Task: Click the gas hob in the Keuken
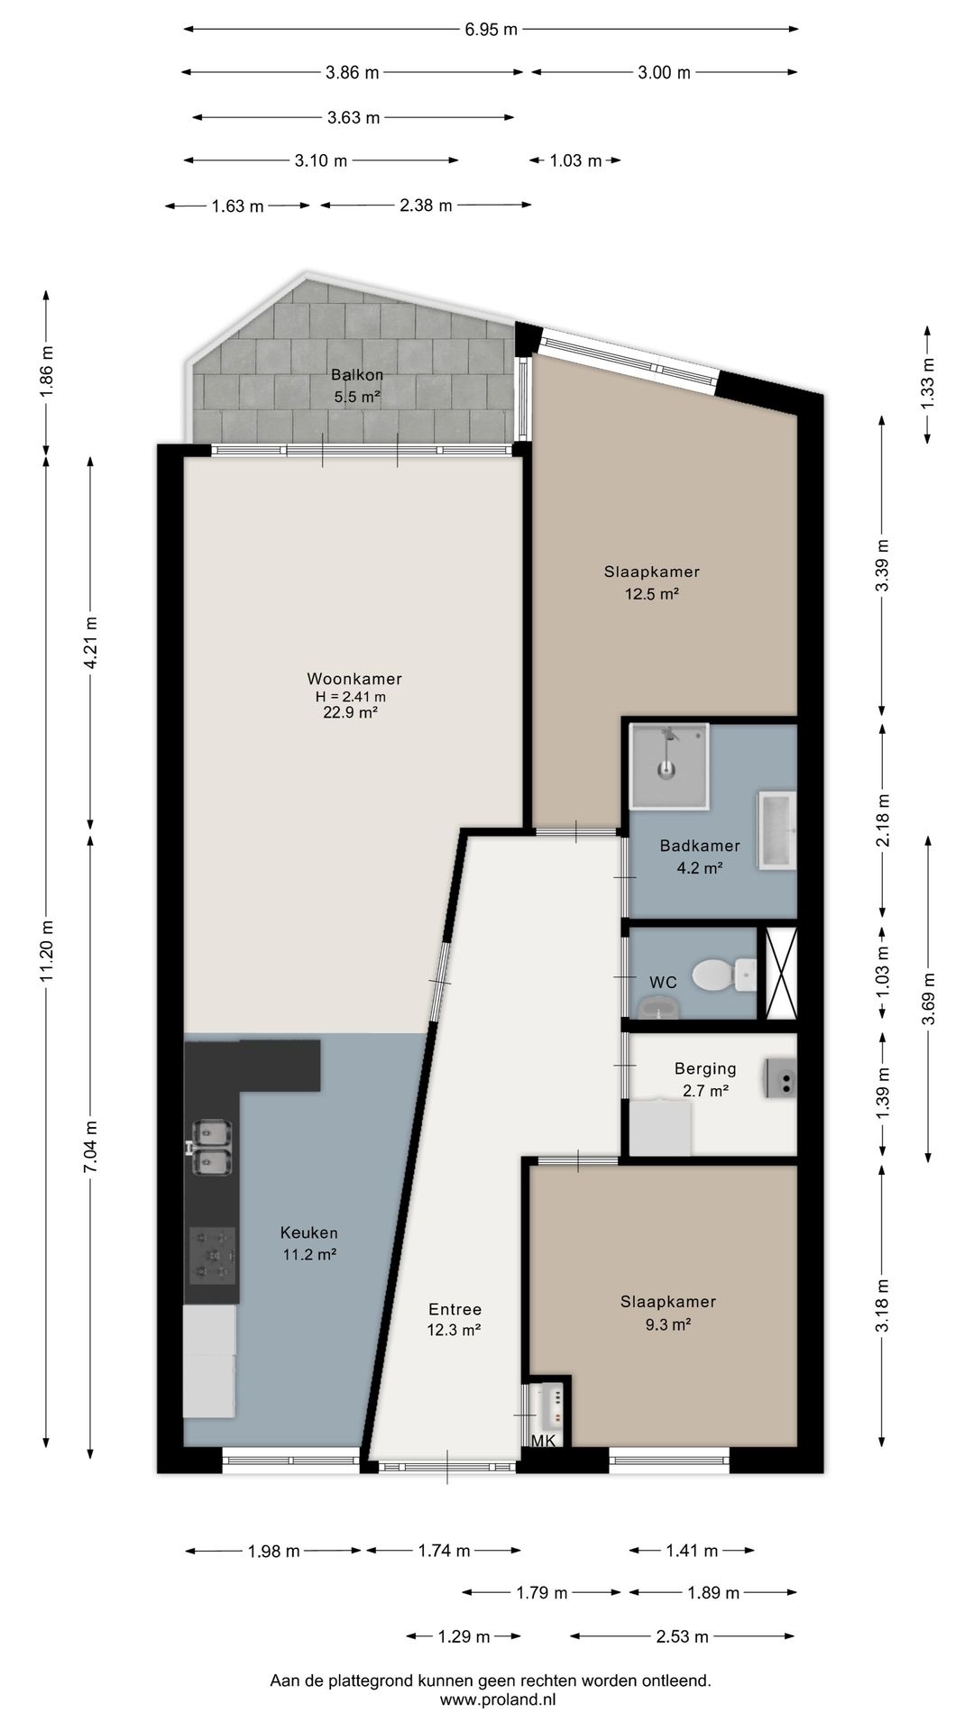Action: (213, 1255)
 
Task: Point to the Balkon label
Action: (357, 375)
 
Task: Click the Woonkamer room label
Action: (354, 679)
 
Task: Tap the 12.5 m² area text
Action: (652, 594)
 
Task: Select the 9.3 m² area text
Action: (668, 1324)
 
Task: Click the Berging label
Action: (705, 1069)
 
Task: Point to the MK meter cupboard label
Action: (544, 1442)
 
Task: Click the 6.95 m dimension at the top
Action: (492, 29)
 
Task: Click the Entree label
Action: (455, 1309)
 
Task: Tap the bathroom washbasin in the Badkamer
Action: (776, 830)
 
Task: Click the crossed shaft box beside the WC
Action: (781, 974)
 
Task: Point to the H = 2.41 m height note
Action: (350, 696)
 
